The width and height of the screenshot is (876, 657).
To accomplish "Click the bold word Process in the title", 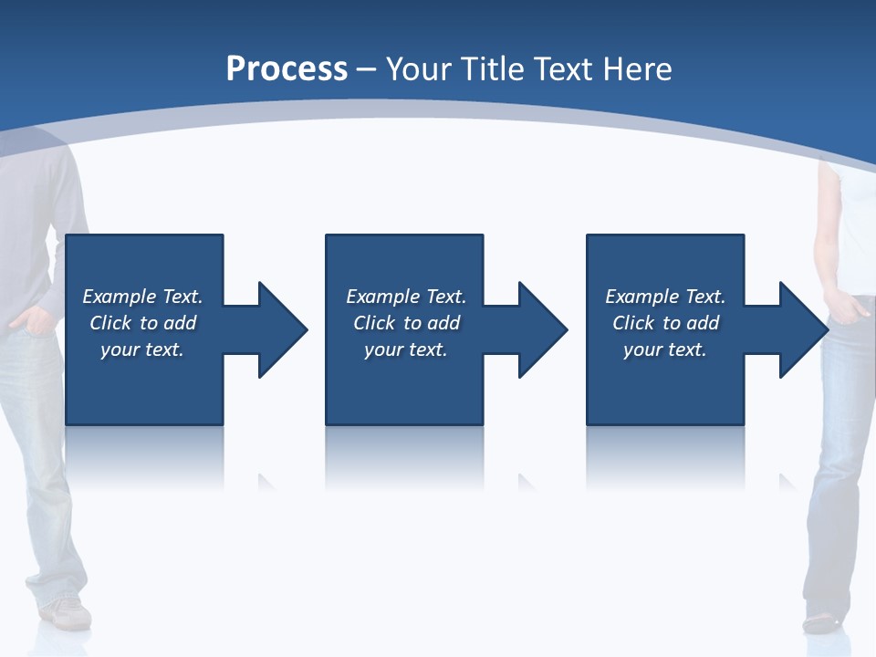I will pos(287,69).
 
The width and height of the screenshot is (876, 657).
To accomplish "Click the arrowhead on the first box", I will pos(283,329).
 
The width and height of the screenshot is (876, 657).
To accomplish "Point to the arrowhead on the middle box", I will pos(543,329).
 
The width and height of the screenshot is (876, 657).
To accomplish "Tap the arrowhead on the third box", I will pos(803,329).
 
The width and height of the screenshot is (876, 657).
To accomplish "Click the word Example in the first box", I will pos(120,297).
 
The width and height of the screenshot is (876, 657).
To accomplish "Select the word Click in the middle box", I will pos(374,323).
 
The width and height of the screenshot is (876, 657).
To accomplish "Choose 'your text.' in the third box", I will pos(665,349).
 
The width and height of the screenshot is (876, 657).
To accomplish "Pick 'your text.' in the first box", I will pos(142,349).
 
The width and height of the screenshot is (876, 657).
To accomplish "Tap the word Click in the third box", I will pos(633,323).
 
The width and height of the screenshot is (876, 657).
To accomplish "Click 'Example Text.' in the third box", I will pos(665,297).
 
